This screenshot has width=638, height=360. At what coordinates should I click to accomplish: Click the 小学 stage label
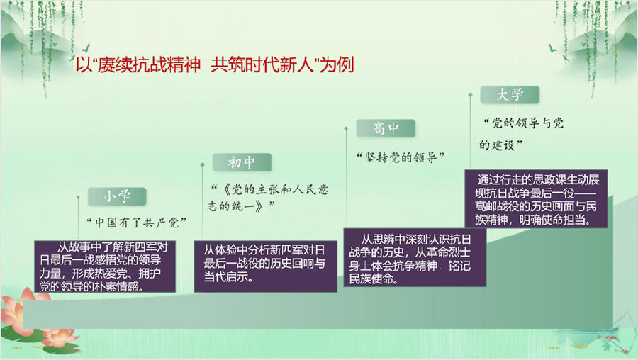pyautogui.click(x=117, y=197)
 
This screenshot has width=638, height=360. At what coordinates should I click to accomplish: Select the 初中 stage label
pyautogui.click(x=242, y=163)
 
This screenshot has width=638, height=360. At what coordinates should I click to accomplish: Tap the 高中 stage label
pyautogui.click(x=386, y=128)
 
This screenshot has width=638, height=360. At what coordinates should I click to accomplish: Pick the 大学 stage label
pyautogui.click(x=510, y=95)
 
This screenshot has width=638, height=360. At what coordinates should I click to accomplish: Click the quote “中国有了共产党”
pyautogui.click(x=136, y=223)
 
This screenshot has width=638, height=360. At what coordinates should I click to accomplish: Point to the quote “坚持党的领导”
pyautogui.click(x=401, y=157)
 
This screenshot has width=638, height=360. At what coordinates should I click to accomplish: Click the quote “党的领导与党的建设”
pyautogui.click(x=522, y=134)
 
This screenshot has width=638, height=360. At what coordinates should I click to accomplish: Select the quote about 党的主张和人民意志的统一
pyautogui.click(x=268, y=198)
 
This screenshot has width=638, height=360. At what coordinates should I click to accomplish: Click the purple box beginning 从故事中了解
pyautogui.click(x=105, y=266)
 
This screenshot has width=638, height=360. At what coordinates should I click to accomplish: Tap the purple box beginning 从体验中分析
pyautogui.click(x=266, y=266)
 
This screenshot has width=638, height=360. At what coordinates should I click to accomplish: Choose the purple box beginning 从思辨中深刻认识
pyautogui.click(x=415, y=257)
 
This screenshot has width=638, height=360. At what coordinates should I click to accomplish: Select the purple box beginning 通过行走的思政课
pyautogui.click(x=537, y=199)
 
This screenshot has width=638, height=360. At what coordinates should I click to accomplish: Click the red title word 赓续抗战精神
pyautogui.click(x=149, y=65)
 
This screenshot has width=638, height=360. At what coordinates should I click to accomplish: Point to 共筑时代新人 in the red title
pyautogui.click(x=262, y=65)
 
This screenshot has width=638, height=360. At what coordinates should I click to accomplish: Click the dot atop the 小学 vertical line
pyautogui.click(x=78, y=198)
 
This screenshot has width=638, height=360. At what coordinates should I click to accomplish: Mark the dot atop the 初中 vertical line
pyautogui.click(x=203, y=164)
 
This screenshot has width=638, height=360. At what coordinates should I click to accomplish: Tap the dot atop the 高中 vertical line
pyautogui.click(x=346, y=128)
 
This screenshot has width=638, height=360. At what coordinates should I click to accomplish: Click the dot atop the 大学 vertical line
pyautogui.click(x=471, y=95)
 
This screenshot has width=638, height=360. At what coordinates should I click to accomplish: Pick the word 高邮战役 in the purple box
pyautogui.click(x=501, y=206)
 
